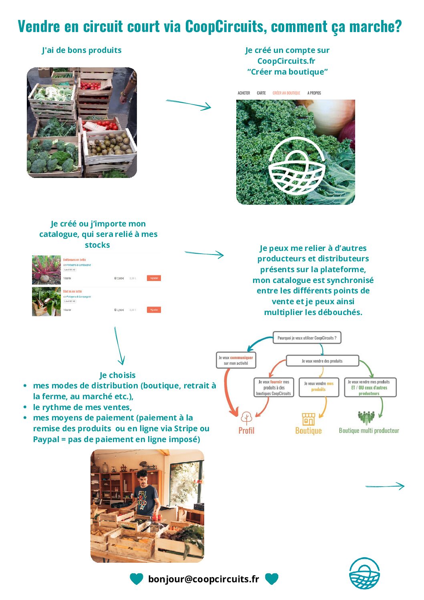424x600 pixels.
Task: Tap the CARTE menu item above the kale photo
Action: click(261, 93)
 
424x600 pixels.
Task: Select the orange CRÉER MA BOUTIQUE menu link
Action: click(286, 93)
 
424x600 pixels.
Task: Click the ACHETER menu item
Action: click(244, 93)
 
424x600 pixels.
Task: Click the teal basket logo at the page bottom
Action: click(364, 574)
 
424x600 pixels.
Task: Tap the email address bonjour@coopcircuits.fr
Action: click(203, 579)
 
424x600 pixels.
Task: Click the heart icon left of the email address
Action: click(136, 579)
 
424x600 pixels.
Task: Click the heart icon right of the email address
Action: click(271, 579)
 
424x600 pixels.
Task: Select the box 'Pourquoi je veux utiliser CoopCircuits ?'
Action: click(307, 338)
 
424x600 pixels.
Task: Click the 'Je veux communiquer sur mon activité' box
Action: click(236, 360)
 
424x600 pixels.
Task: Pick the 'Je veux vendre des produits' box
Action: click(322, 361)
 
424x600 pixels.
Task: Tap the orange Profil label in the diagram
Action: click(246, 430)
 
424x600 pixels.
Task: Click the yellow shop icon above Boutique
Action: click(308, 419)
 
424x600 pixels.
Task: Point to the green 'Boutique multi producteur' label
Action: click(369, 430)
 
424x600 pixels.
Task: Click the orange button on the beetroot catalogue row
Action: click(154, 278)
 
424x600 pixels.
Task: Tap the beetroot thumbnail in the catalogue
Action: click(46, 270)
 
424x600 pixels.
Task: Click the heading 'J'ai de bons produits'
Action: click(82, 50)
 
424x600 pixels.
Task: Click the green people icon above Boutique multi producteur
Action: click(366, 417)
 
